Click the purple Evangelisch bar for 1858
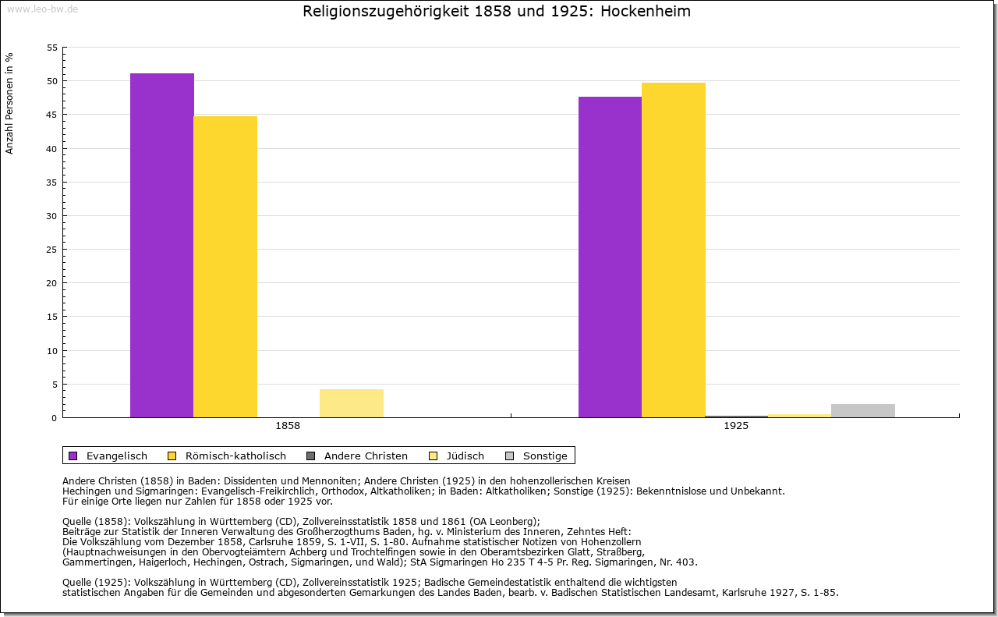pyautogui.click(x=162, y=245)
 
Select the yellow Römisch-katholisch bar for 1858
pyautogui.click(x=225, y=267)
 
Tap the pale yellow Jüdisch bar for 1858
pyautogui.click(x=352, y=403)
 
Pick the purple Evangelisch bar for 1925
pyautogui.click(x=610, y=257)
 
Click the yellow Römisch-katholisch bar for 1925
pyautogui.click(x=674, y=250)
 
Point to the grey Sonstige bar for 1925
pyautogui.click(x=863, y=410)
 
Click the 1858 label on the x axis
pyautogui.click(x=288, y=427)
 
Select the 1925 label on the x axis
pyautogui.click(x=736, y=427)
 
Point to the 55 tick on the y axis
pyautogui.click(x=52, y=48)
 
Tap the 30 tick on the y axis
pyautogui.click(x=52, y=216)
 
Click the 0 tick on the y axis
pyautogui.click(x=55, y=418)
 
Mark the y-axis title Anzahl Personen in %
pyautogui.click(x=9, y=103)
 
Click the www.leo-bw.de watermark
pyautogui.click(x=42, y=9)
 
